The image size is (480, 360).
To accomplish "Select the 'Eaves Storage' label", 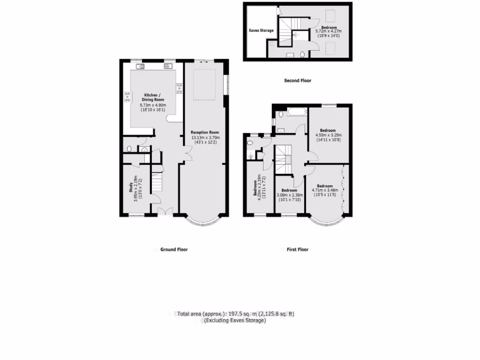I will click(261, 31).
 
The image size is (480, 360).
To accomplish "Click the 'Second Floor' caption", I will click(298, 81).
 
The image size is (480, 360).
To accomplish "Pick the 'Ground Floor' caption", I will click(174, 250).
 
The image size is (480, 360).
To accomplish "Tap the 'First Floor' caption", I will click(298, 250).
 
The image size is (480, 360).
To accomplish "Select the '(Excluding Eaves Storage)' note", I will click(234, 321).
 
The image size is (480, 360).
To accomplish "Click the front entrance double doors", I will click(164, 211).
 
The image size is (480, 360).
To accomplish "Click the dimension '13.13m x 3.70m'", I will click(205, 137).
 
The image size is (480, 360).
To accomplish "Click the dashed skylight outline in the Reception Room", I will click(204, 84).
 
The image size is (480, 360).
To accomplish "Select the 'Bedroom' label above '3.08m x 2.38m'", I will click(289, 190).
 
